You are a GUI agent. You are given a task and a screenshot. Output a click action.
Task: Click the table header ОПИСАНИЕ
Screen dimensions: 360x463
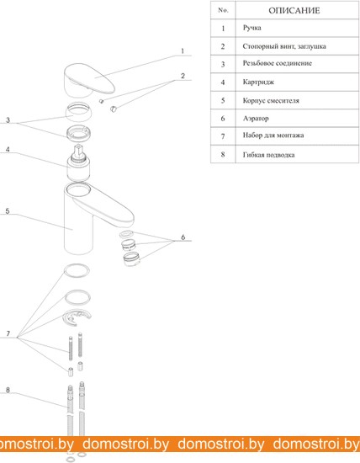click(x=294, y=11)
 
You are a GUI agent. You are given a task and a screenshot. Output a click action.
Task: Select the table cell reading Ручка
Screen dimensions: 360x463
click(x=251, y=28)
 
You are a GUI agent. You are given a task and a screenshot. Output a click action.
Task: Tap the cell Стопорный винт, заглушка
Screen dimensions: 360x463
click(x=284, y=46)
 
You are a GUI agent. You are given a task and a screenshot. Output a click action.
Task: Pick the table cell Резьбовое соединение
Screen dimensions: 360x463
click(x=277, y=63)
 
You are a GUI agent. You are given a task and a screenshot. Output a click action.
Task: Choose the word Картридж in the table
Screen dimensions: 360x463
click(x=258, y=82)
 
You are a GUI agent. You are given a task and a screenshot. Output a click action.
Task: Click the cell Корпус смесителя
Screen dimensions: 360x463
click(x=271, y=100)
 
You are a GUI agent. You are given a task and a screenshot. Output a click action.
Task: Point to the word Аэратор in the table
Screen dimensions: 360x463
click(x=256, y=119)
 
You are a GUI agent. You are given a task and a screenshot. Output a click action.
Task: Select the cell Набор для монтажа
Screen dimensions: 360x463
click(x=273, y=136)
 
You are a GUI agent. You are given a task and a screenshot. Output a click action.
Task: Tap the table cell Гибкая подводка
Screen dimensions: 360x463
click(x=268, y=155)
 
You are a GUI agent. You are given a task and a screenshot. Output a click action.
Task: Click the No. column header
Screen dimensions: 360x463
click(x=223, y=10)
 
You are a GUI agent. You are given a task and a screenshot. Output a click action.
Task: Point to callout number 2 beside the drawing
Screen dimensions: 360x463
click(x=183, y=76)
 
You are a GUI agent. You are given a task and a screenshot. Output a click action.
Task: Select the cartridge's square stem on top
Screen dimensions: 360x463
click(x=78, y=151)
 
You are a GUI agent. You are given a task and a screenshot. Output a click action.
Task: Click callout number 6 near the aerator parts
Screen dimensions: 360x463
click(x=183, y=237)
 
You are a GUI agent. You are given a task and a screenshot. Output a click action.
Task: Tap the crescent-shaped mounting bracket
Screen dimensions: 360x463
click(x=77, y=317)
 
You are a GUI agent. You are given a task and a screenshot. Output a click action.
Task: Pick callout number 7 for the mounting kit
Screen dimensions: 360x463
click(x=8, y=333)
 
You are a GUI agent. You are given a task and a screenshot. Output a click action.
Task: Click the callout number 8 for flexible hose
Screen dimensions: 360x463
click(x=8, y=390)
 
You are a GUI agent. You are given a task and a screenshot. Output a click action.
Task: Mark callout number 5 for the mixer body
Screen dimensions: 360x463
click(x=8, y=211)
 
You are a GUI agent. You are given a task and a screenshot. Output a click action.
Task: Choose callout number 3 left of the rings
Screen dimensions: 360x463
click(x=8, y=120)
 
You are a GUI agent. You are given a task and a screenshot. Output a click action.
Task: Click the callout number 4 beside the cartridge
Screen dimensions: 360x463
click(x=8, y=149)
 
